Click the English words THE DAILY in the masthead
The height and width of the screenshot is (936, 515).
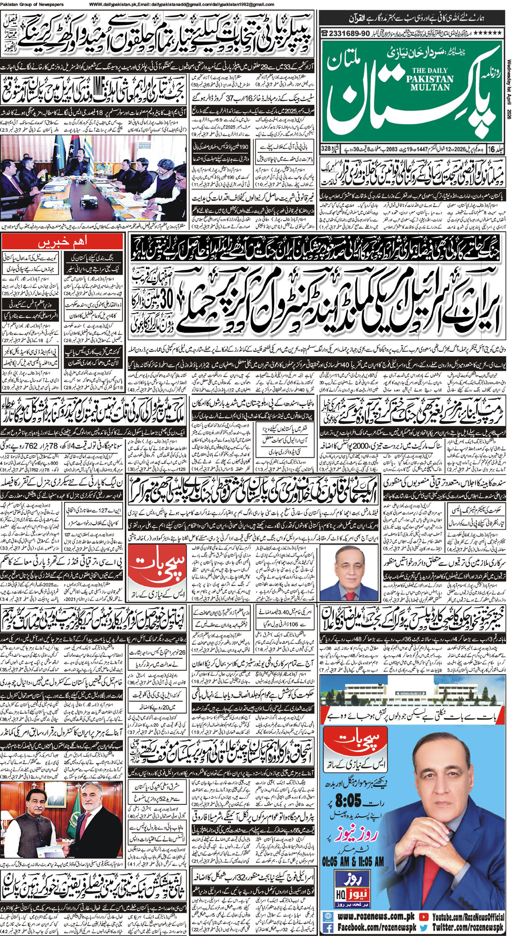tap(416, 70)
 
